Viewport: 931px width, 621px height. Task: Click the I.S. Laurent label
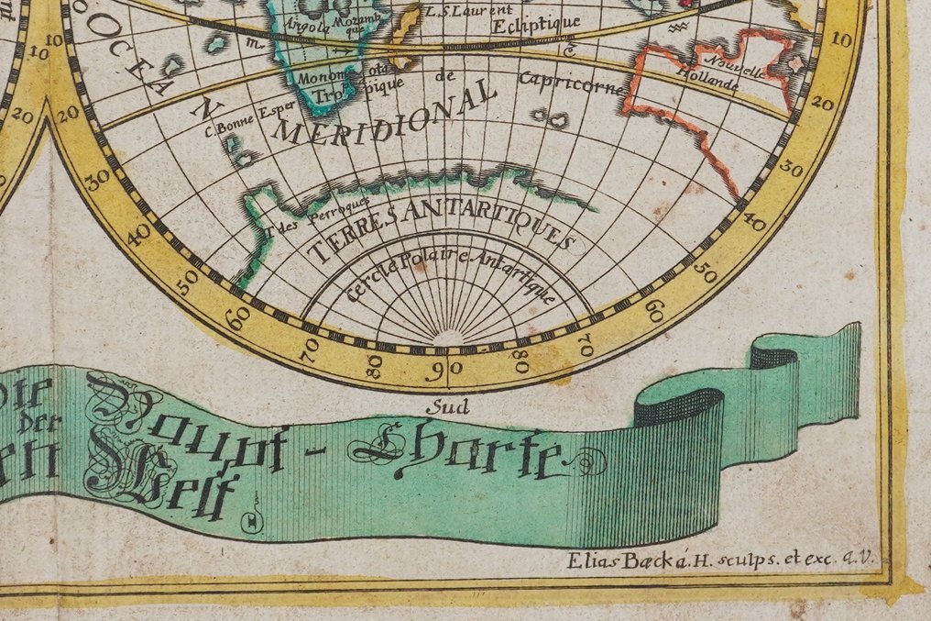455,11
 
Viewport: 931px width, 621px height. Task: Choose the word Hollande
708,84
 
